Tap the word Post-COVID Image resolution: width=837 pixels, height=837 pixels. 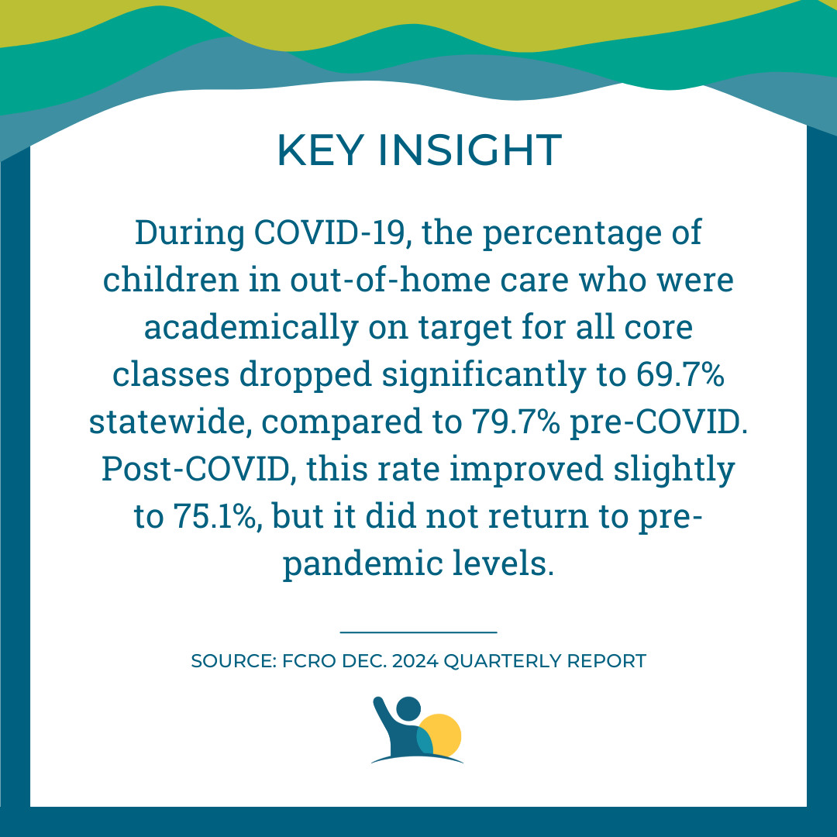pos(196,470)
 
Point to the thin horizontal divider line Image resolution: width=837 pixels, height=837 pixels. pos(418,632)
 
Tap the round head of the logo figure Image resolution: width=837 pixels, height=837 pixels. pos(408,708)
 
